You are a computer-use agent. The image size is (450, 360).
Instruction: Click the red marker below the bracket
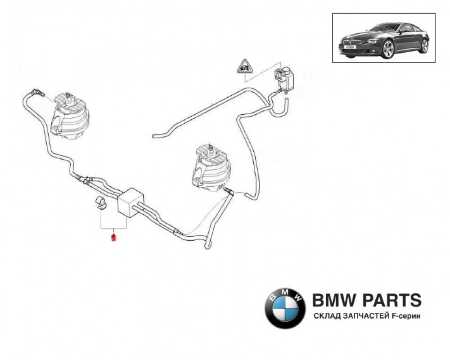pyautogui.click(x=113, y=237)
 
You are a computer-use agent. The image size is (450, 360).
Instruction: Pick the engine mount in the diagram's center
pyautogui.click(x=209, y=167)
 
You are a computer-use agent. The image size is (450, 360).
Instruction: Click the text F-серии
pyautogui.click(x=406, y=316)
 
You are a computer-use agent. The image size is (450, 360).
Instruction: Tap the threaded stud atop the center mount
pyautogui.click(x=210, y=148)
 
